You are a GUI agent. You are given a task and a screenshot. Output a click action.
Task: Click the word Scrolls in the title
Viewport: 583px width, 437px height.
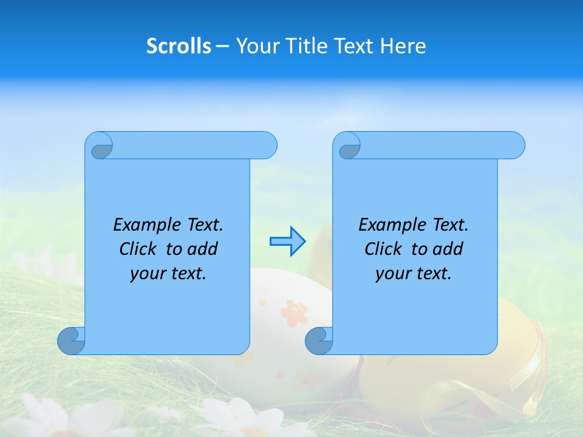[179, 46]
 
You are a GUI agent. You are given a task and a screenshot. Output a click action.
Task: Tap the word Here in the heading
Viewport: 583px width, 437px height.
[403, 46]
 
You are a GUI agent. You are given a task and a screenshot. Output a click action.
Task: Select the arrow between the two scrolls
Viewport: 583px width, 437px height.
[287, 242]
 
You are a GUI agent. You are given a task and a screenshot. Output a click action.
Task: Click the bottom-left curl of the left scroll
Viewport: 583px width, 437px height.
[70, 340]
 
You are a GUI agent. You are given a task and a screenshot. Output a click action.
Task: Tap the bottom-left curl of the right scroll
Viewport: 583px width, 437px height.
[319, 340]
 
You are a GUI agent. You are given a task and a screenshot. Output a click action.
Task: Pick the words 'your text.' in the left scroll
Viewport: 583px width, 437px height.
[168, 274]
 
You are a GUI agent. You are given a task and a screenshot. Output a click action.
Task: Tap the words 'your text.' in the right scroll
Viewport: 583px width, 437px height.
[414, 274]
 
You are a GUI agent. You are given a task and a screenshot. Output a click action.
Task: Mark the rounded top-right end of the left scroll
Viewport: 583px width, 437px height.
[267, 146]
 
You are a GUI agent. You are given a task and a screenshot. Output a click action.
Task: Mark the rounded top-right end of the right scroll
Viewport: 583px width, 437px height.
[515, 146]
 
